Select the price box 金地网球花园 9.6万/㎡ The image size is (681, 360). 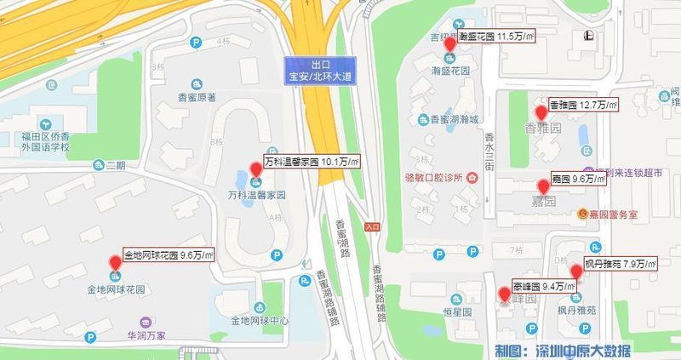coord(167,254)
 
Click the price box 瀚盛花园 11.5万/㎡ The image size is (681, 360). coord(495,37)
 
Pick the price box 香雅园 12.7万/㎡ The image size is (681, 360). coord(583,105)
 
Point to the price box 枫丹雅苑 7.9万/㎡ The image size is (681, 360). coord(620,264)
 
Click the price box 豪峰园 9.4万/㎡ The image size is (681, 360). coord(543,286)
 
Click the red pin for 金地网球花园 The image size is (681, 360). coord(115,262)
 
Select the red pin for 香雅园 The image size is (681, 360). coord(541,112)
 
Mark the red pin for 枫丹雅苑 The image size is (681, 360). coord(576,271)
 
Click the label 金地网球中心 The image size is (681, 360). coord(259,321)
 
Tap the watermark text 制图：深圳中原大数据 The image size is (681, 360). coord(565,350)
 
